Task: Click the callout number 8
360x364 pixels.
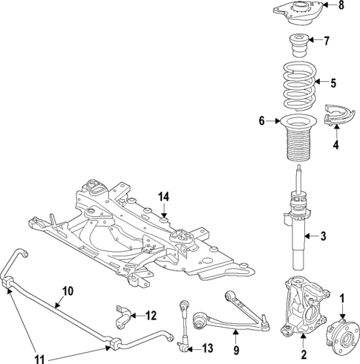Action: coord(341,7)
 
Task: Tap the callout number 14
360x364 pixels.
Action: coord(163,196)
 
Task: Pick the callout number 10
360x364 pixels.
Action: coord(68,291)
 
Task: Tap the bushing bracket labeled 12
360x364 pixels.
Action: coord(122,316)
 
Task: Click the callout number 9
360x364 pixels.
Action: coord(237,350)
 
